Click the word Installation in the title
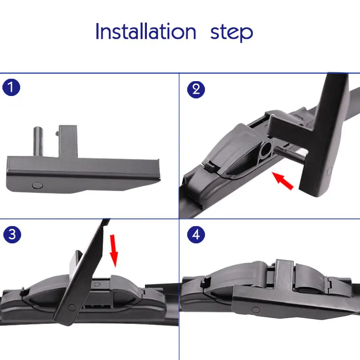[x=146, y=31]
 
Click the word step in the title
[x=231, y=33]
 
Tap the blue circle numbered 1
[x=11, y=87]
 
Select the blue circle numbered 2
[x=196, y=90]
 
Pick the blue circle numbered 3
[x=12, y=234]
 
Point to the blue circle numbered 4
[x=196, y=234]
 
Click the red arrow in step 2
[x=283, y=180]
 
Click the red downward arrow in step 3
[x=114, y=251]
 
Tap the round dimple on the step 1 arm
[x=37, y=185]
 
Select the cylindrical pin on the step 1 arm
[x=38, y=141]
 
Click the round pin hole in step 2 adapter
[x=265, y=150]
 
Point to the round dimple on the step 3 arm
[x=72, y=307]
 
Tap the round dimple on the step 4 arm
[x=256, y=310]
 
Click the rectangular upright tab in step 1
[x=68, y=141]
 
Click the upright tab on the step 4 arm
[x=284, y=275]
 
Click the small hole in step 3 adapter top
[x=97, y=285]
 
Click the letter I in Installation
[x=97, y=31]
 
